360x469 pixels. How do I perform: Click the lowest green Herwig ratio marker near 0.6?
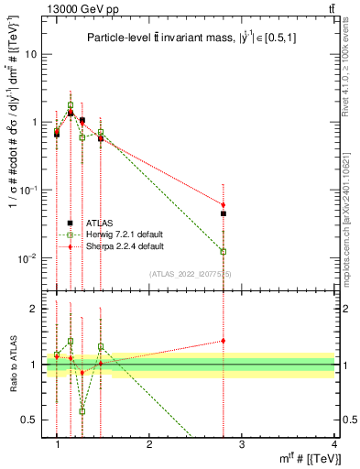coord(82,411)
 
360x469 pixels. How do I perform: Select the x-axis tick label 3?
coord(242,443)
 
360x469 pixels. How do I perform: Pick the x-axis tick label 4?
coord(334,443)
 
